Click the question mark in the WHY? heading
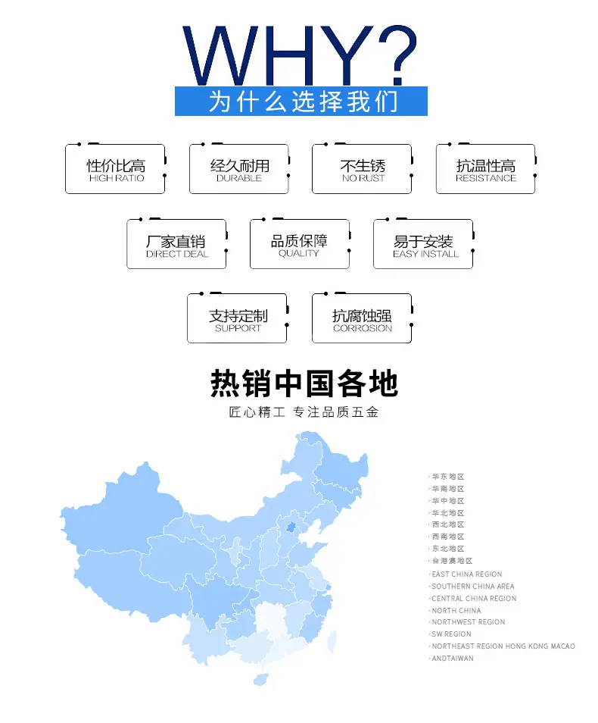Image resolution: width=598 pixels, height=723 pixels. coord(397,55)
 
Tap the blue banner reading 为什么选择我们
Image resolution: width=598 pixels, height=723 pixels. coord(301,101)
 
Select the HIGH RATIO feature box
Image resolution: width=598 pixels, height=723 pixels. coord(116,169)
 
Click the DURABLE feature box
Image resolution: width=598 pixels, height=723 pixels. coord(239,169)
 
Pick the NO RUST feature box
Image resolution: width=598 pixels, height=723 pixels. coord(362,169)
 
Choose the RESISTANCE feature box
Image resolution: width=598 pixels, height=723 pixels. coord(486,169)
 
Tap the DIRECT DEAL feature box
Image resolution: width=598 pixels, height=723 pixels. coord(177,244)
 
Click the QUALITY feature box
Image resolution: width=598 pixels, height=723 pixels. coord(300,244)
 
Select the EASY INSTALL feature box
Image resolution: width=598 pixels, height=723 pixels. coord(423,244)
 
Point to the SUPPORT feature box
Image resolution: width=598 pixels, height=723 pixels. coord(238,318)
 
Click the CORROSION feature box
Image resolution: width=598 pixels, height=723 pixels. coord(362,318)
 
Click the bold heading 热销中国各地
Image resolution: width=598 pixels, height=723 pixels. coord(304,383)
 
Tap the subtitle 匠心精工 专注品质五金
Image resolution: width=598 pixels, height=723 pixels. coord(304,412)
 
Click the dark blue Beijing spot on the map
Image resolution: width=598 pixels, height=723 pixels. coord(291,527)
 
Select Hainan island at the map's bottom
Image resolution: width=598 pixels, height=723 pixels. coord(260,679)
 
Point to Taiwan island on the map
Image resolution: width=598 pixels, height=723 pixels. coord(332,642)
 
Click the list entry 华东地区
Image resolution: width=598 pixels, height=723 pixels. coord(448,477)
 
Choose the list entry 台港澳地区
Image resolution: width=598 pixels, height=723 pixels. coord(452,561)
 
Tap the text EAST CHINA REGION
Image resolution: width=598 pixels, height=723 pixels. coord(467,574)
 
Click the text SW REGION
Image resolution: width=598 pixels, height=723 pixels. coord(451,634)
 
